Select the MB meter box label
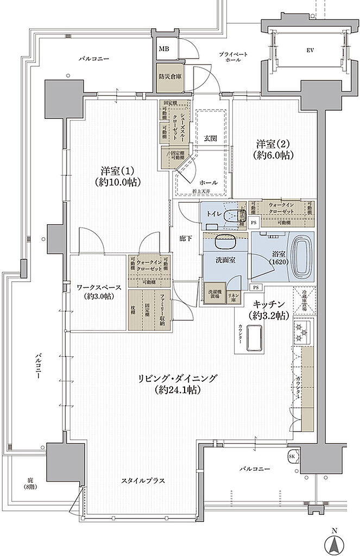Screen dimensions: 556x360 pyautogui.click(x=163, y=49)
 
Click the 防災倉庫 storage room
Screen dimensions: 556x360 pyautogui.click(x=170, y=77)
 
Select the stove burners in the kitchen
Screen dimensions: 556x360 pyautogui.click(x=302, y=328)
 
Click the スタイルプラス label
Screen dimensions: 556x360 pyautogui.click(x=143, y=481)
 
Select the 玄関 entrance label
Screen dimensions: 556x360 pyautogui.click(x=211, y=138)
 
